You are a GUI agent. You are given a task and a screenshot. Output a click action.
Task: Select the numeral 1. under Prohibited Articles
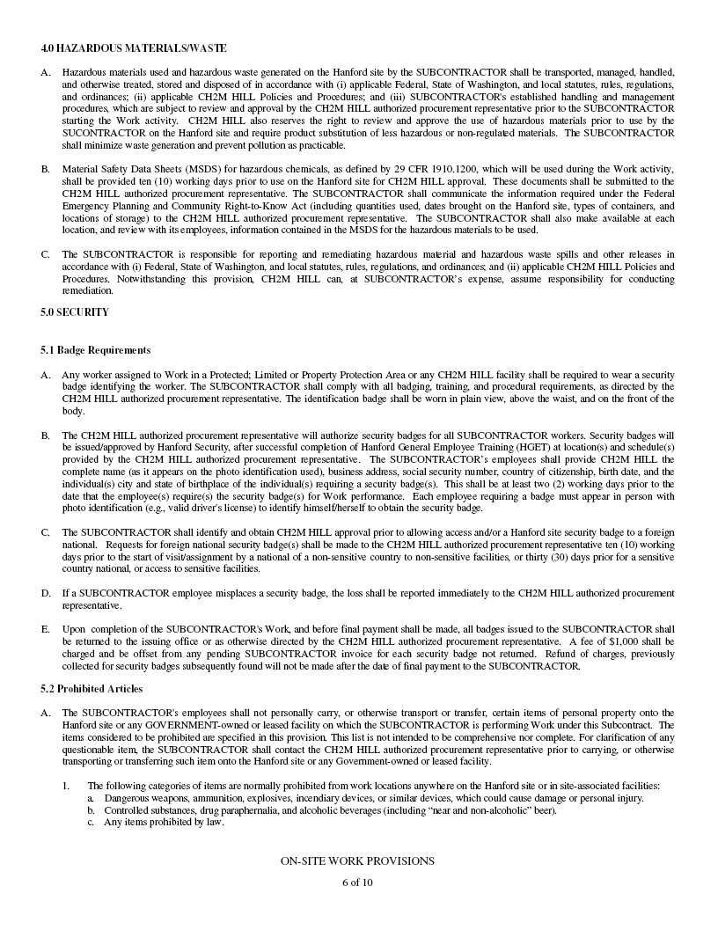(x=66, y=786)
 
